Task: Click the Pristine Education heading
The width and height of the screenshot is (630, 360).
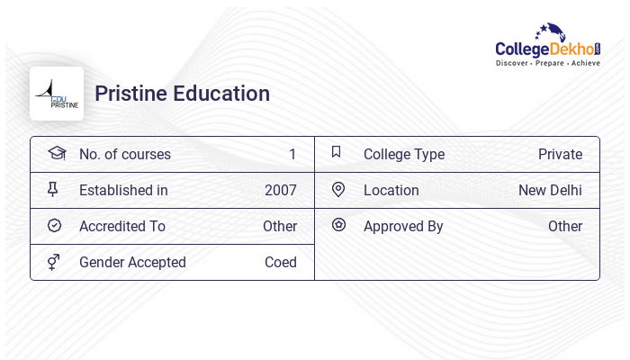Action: point(182,94)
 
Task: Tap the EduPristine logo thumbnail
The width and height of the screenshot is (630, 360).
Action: point(57,94)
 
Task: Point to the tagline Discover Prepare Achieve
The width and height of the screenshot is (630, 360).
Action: point(548,63)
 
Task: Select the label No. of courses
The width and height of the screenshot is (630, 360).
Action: point(125,154)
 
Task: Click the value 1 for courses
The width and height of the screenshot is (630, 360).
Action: point(292,154)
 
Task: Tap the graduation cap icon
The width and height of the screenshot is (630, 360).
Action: point(57,153)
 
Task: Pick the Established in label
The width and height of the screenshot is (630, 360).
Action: point(123,190)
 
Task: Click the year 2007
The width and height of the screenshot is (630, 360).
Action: point(281,190)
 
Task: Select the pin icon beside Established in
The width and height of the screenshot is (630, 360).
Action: point(53,189)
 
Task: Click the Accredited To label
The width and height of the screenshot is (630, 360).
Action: point(122,226)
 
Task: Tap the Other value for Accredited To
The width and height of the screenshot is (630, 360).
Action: point(280,226)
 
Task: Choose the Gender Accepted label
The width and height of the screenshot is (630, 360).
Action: point(132,262)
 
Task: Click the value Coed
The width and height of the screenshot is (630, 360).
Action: point(281,262)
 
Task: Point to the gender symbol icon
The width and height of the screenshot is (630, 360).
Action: point(54,262)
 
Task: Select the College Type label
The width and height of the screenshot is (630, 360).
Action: point(404,154)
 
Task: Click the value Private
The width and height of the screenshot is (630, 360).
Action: point(560,154)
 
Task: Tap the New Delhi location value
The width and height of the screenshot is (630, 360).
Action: point(550,190)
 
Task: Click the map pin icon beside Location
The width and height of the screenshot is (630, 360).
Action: point(338,189)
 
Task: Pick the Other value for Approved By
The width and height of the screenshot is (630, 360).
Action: point(565,226)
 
